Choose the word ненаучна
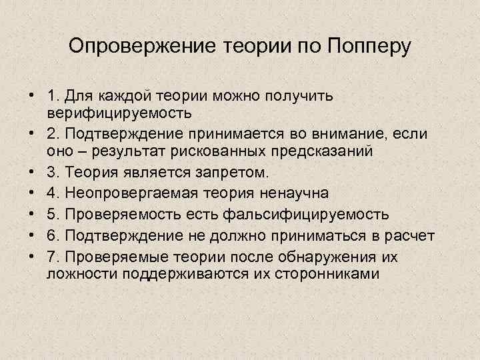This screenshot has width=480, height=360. coord(293,193)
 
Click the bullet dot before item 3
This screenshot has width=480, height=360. coord(32,173)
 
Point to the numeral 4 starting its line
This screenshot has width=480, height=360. coord(52,193)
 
